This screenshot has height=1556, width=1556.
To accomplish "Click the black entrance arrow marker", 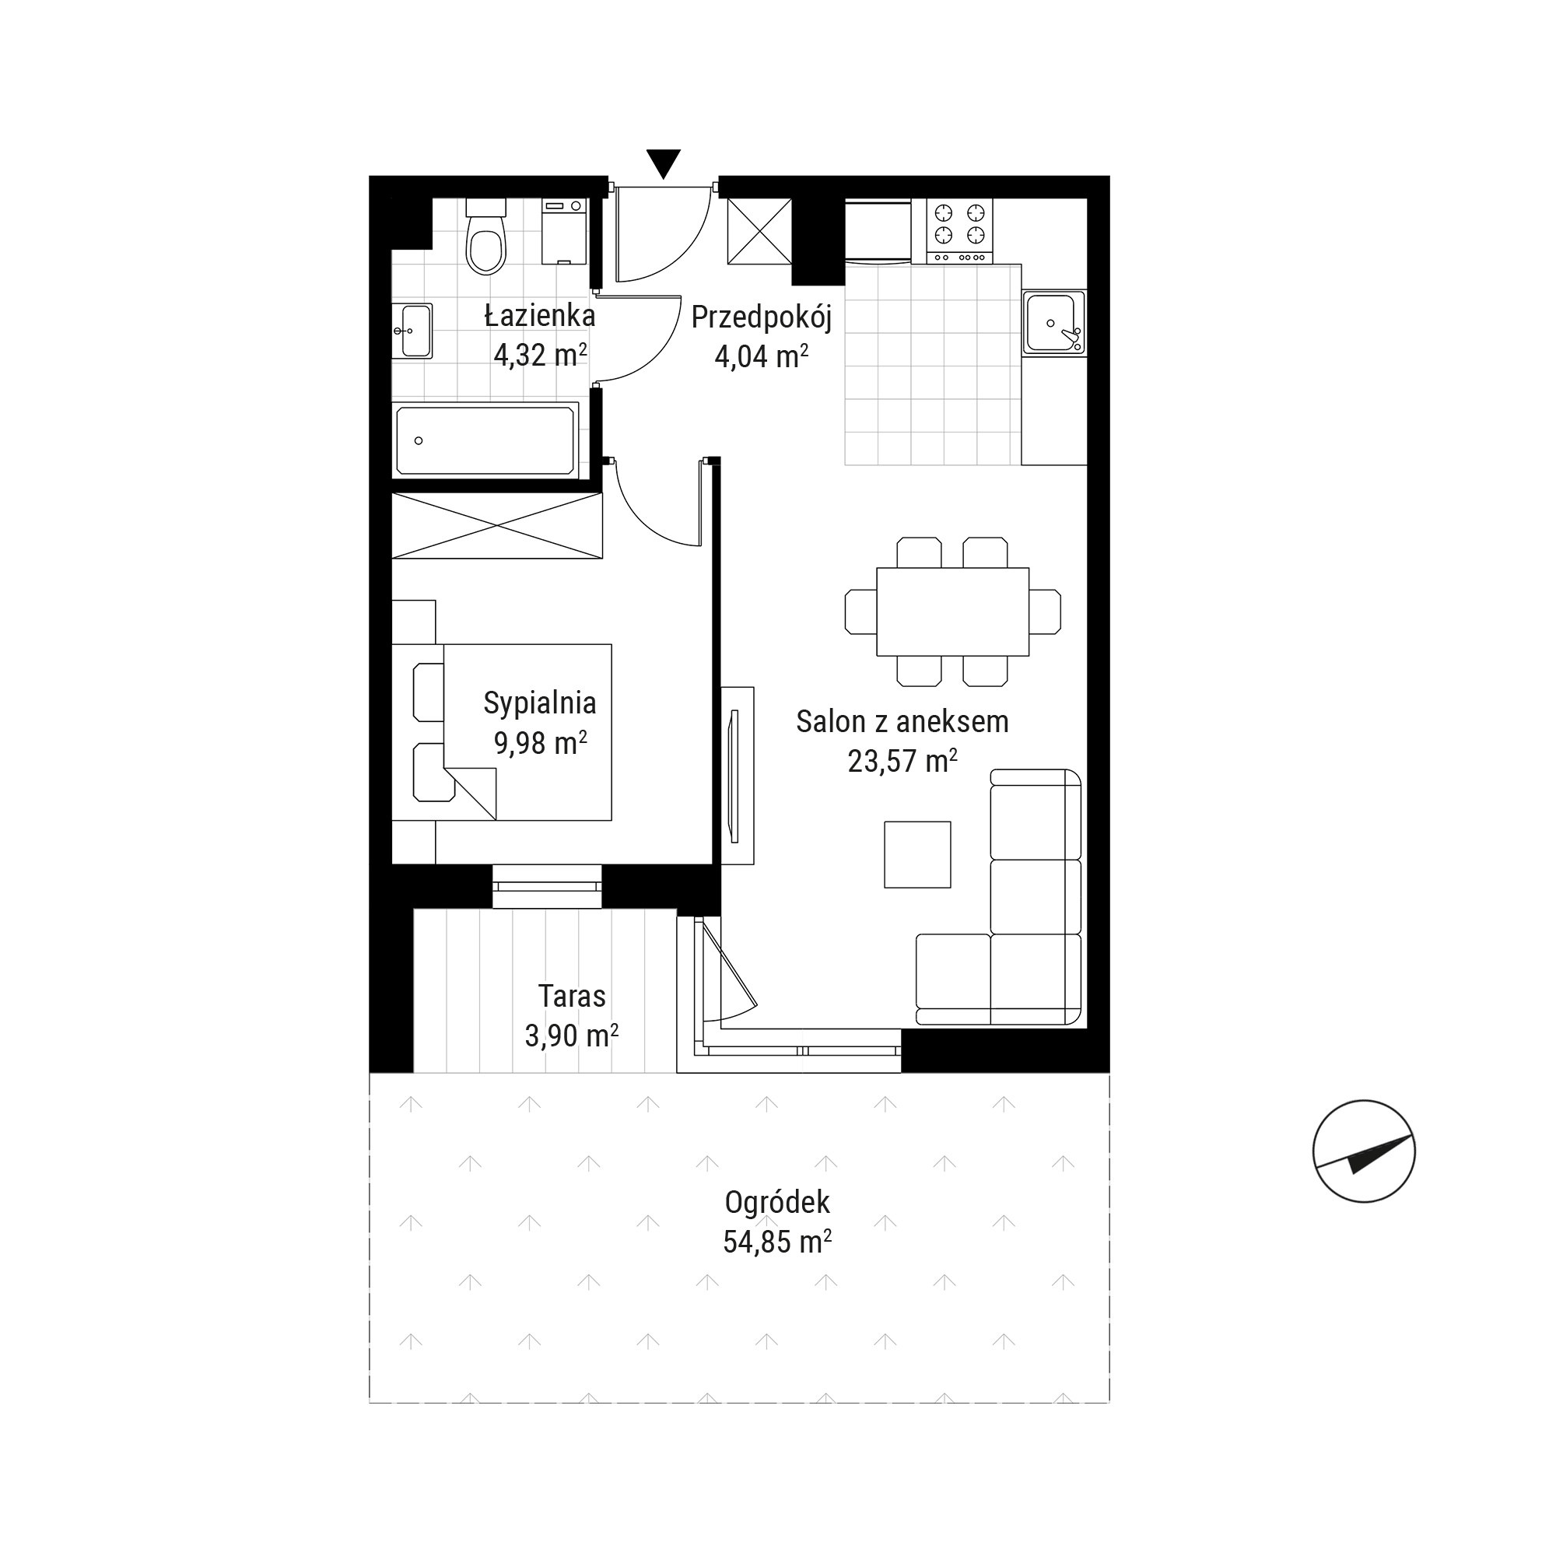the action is [x=664, y=163].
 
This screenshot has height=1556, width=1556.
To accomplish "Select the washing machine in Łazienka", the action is [x=565, y=231].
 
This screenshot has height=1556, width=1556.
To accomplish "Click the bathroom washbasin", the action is [x=412, y=330].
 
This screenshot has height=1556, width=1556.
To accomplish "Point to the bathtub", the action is [x=486, y=440].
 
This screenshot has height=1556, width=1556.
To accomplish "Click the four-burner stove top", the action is [x=959, y=230].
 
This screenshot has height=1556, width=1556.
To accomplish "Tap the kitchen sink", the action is [x=1053, y=323].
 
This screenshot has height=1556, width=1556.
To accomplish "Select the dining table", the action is [x=953, y=612].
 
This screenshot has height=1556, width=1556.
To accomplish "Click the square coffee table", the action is [x=917, y=854].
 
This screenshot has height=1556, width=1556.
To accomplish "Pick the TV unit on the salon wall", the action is [x=737, y=776].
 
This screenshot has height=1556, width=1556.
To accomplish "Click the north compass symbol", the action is [x=1364, y=1151].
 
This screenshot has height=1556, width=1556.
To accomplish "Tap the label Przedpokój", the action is [x=761, y=317].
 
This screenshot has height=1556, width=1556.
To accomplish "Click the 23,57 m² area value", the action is [x=902, y=760].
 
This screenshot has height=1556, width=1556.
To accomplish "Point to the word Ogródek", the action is [x=777, y=1202].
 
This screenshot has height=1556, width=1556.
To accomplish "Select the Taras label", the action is [x=572, y=997].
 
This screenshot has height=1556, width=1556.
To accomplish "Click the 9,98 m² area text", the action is [x=540, y=741].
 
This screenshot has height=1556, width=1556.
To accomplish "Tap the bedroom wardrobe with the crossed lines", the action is [x=497, y=525].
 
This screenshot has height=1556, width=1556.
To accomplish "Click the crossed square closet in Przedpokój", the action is [x=759, y=231].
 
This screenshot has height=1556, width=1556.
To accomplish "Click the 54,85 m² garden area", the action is [x=777, y=1242].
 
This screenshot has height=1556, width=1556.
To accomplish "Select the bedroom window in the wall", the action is [x=547, y=887].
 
